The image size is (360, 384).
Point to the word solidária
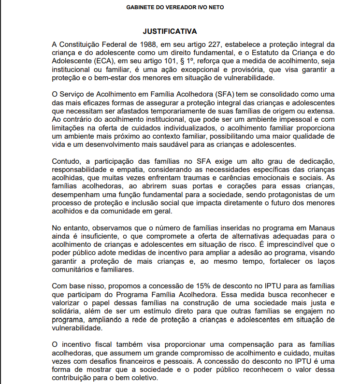click(x=66, y=312)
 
